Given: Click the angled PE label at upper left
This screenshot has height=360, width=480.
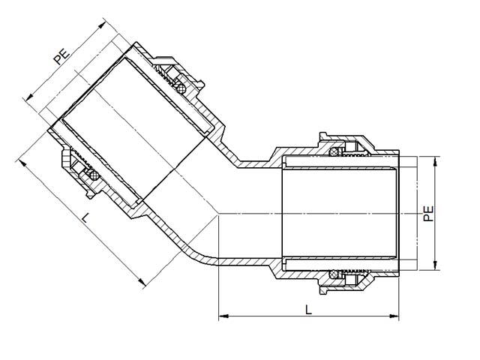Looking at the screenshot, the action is tap(62, 55).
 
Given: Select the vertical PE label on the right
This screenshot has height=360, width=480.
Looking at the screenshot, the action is tap(428, 213).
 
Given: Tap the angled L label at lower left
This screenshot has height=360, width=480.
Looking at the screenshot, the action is tap(85, 217).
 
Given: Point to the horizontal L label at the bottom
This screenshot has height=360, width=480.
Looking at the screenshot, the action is tap(308, 310).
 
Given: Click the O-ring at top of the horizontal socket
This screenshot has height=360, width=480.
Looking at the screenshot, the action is tap(334, 151).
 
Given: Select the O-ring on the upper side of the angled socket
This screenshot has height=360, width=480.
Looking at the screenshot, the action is tap(181, 89).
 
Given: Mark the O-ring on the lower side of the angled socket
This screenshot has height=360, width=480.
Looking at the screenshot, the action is tap(94, 175).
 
